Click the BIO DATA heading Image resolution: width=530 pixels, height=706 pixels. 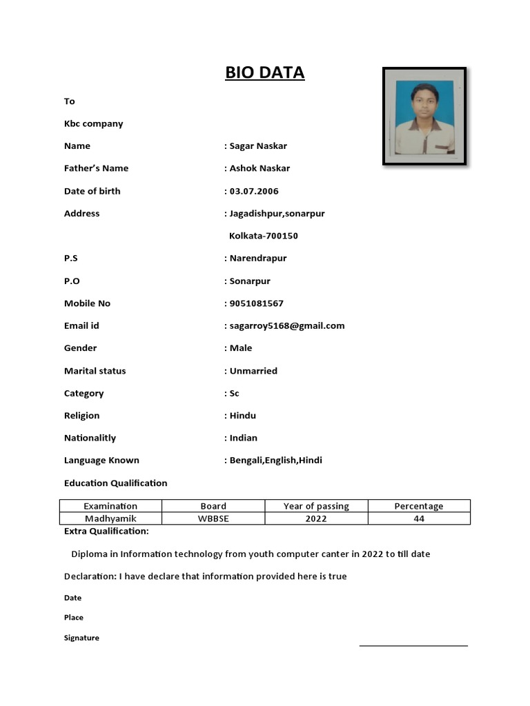pyautogui.click(x=264, y=72)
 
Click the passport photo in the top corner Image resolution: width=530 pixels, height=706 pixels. pyautogui.click(x=424, y=116)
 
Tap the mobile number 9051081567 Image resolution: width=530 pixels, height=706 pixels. pyautogui.click(x=256, y=303)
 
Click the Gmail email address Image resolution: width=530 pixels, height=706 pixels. pyautogui.click(x=286, y=325)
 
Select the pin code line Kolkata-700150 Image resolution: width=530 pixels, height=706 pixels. pyautogui.click(x=263, y=236)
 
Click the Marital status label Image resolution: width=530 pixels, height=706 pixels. pyautogui.click(x=95, y=371)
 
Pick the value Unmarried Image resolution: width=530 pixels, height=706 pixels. pyautogui.click(x=253, y=371)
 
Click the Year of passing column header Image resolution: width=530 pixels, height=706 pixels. pyautogui.click(x=316, y=506)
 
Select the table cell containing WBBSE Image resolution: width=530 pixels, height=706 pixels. pyautogui.click(x=213, y=518)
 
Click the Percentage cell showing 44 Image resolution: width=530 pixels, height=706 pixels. pyautogui.click(x=419, y=518)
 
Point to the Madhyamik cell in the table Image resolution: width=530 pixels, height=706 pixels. pyautogui.click(x=110, y=518)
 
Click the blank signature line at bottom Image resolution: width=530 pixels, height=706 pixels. pyautogui.click(x=413, y=645)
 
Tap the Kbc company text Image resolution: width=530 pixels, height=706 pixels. pyautogui.click(x=93, y=123)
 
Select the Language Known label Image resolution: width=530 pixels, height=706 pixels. pyautogui.click(x=101, y=460)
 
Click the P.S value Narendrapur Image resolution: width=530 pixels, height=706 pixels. pyautogui.click(x=257, y=259)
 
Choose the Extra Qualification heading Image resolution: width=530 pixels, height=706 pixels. pyautogui.click(x=106, y=531)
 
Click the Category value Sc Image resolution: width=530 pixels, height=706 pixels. pyautogui.click(x=235, y=394)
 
